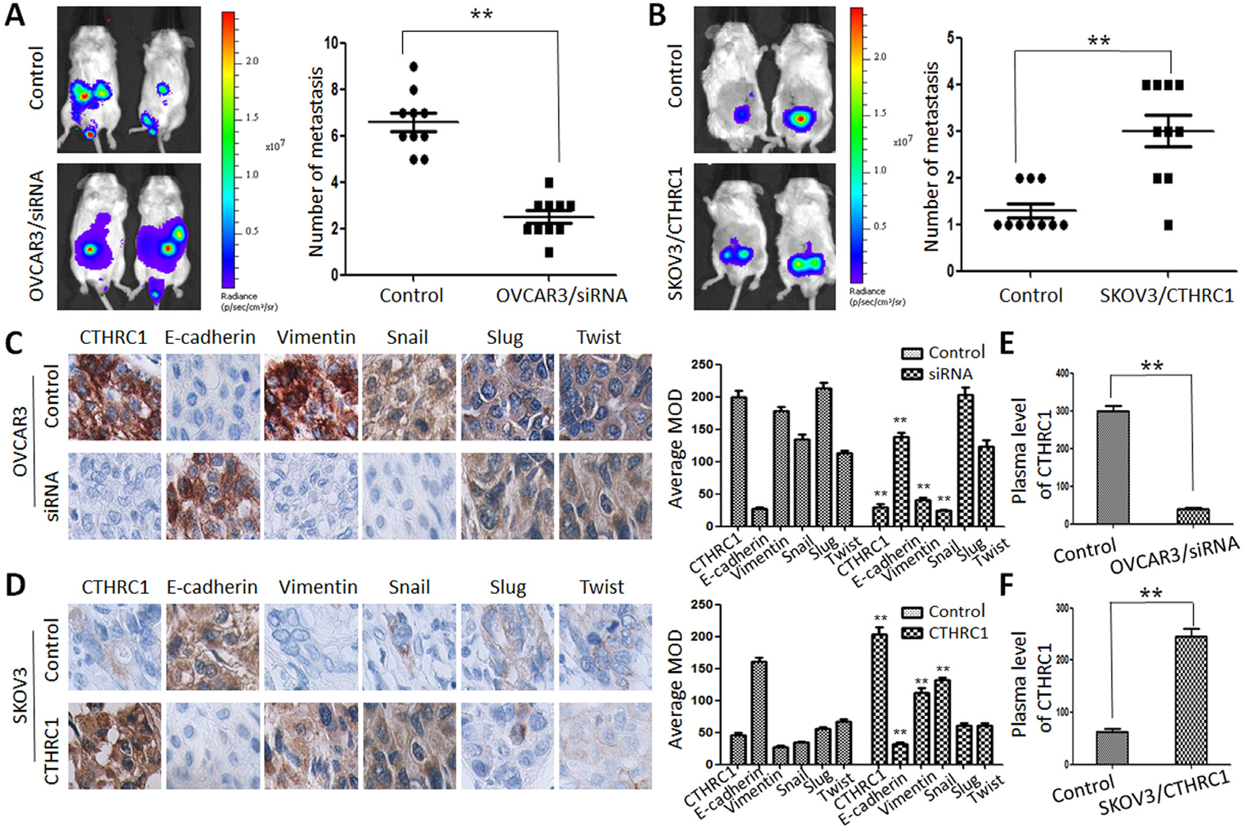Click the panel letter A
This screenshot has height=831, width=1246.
(x=15, y=15)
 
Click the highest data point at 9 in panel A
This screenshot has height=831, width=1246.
(x=413, y=66)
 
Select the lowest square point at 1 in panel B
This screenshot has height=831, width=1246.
(x=1168, y=225)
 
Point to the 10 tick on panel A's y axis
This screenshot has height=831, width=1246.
(x=331, y=43)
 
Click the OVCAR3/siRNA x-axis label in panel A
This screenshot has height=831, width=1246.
(x=561, y=296)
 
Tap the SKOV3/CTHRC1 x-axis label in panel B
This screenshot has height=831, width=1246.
(x=1166, y=296)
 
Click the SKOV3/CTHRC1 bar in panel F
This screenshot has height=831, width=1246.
(x=1191, y=700)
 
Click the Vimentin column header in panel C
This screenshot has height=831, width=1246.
(x=316, y=338)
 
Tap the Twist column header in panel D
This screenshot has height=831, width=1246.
(x=601, y=588)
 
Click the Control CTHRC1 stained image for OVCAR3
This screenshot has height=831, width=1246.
(x=114, y=397)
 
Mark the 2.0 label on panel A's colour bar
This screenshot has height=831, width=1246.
(x=252, y=61)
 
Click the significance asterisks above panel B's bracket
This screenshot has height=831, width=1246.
(x=1099, y=41)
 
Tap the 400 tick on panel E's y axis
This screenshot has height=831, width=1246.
(x=1061, y=373)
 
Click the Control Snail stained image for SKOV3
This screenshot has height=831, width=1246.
(x=409, y=647)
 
